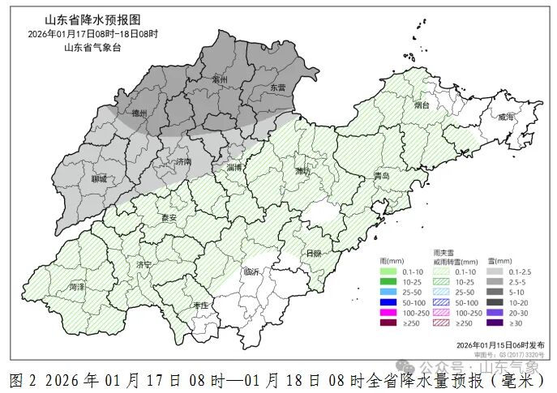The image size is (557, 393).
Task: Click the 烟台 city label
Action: (x=421, y=105)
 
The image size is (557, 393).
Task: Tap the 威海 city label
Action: (x=506, y=117)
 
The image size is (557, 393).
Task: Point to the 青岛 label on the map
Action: (x=382, y=176)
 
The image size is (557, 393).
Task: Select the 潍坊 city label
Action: (x=302, y=171)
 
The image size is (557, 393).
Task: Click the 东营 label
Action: (x=277, y=87)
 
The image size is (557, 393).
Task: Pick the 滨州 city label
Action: (x=219, y=79)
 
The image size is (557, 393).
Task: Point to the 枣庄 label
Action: (x=200, y=305)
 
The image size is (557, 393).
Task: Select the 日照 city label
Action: (x=312, y=253)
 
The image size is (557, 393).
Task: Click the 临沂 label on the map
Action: (x=251, y=272)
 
